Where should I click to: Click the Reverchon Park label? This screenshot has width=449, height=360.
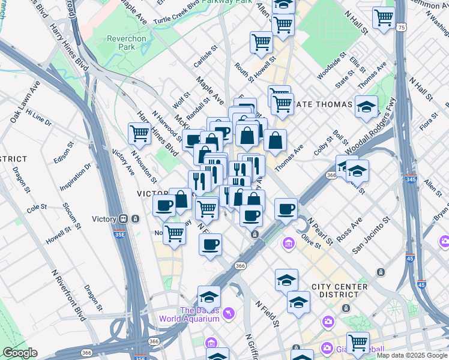[126, 43]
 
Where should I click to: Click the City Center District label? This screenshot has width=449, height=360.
[339, 290]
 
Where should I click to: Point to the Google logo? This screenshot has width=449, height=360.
[19, 353]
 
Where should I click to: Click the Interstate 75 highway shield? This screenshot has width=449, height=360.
[401, 28]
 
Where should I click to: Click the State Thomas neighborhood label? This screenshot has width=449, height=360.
[323, 104]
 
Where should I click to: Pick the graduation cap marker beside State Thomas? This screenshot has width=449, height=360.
[366, 107]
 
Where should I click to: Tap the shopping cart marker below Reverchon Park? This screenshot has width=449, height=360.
[139, 133]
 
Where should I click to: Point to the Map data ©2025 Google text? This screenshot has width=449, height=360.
[411, 355]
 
